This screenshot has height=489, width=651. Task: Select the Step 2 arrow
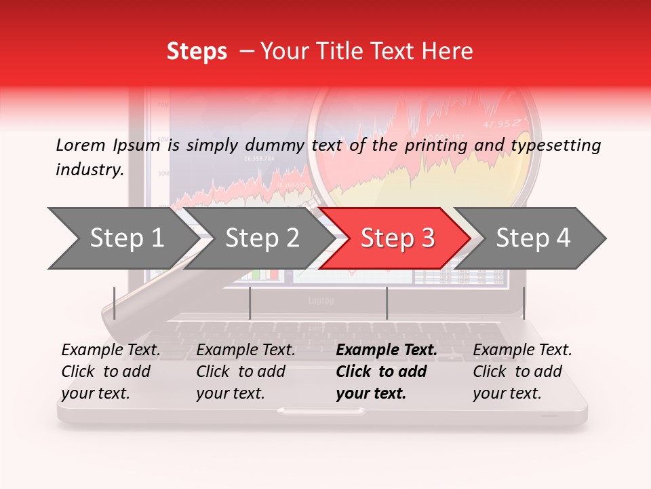tap(262, 238)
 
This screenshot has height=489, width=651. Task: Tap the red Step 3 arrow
tap(397, 238)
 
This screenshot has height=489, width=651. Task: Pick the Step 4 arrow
tap(532, 238)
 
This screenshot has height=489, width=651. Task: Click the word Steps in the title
tap(197, 52)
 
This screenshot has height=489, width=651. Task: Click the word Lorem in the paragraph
tap(81, 145)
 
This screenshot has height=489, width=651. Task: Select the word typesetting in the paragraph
tap(555, 145)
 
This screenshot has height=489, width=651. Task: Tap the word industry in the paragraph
tap(89, 170)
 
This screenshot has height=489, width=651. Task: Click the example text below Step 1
tap(111, 372)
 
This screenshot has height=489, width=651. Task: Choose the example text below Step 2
tap(245, 372)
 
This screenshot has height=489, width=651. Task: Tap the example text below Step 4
tap(522, 372)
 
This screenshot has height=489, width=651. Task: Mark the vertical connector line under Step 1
tap(115, 303)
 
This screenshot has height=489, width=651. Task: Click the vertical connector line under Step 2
tap(250, 303)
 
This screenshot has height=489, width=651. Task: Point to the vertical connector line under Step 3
tap(387, 303)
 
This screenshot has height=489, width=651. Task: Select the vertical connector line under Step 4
tap(524, 303)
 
